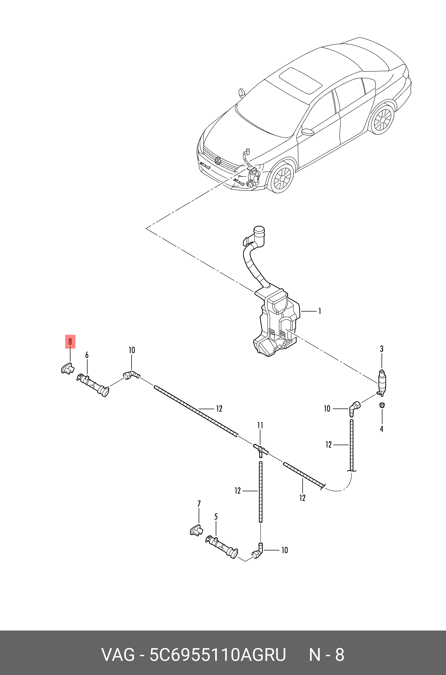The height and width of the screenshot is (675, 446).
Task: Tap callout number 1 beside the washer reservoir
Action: (320, 311)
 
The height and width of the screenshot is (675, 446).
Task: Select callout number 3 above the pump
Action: (382, 349)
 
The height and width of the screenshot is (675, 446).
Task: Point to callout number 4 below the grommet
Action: (382, 429)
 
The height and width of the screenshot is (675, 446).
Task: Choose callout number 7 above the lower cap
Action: (199, 504)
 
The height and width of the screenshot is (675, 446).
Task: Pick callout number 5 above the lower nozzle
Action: (216, 517)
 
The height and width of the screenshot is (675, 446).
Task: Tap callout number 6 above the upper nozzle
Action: (87, 355)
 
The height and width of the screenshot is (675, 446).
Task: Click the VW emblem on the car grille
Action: (218, 161)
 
